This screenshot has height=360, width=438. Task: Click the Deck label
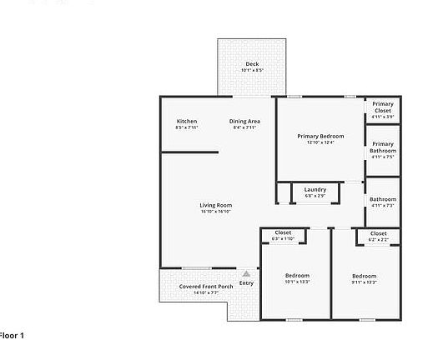pos(252,64)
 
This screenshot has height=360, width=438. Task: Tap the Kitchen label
pos(187,122)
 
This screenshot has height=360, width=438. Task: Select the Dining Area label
pos(244,122)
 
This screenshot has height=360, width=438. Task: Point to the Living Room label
pos(215,205)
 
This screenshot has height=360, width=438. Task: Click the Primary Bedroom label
pos(320,136)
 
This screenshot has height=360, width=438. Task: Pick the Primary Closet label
pos(382,107)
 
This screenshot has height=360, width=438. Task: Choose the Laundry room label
pos(315,189)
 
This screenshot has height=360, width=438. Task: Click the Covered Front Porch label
pos(194,287)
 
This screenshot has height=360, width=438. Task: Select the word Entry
pos(246,283)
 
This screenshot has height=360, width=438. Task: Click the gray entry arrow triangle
pos(246,272)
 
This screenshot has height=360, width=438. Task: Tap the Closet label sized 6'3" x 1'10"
pos(283,232)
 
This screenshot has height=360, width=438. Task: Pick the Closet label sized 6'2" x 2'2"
pos(378,233)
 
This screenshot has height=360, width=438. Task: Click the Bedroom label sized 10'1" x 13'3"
pos(297,276)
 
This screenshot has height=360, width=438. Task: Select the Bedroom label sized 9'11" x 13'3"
pos(364,276)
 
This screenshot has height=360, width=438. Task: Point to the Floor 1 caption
pos(12,335)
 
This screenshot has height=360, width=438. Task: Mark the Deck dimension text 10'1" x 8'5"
pos(252,70)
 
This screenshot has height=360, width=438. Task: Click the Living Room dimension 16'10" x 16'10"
pos(215,212)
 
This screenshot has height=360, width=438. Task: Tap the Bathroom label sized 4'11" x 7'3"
pos(382,199)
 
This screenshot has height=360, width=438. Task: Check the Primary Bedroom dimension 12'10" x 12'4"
pos(320,142)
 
